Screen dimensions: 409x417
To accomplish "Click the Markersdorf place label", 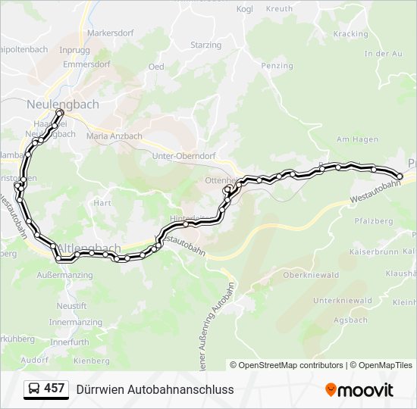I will click(x=111, y=33).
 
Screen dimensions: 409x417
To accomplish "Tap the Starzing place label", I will click(x=205, y=45).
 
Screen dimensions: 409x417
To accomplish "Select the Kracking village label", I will click(x=350, y=34).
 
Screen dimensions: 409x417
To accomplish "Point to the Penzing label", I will click(x=277, y=66).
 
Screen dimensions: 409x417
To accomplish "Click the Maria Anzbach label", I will click(x=114, y=136).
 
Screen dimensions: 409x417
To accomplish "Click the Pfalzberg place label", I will click(x=374, y=221).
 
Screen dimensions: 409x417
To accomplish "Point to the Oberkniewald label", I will click(x=310, y=275).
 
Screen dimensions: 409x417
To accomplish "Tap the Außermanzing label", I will click(x=64, y=275).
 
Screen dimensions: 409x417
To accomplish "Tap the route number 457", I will click(x=54, y=389).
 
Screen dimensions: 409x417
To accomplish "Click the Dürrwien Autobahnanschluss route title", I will click(x=155, y=389).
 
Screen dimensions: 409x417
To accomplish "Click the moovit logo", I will click(x=359, y=389).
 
